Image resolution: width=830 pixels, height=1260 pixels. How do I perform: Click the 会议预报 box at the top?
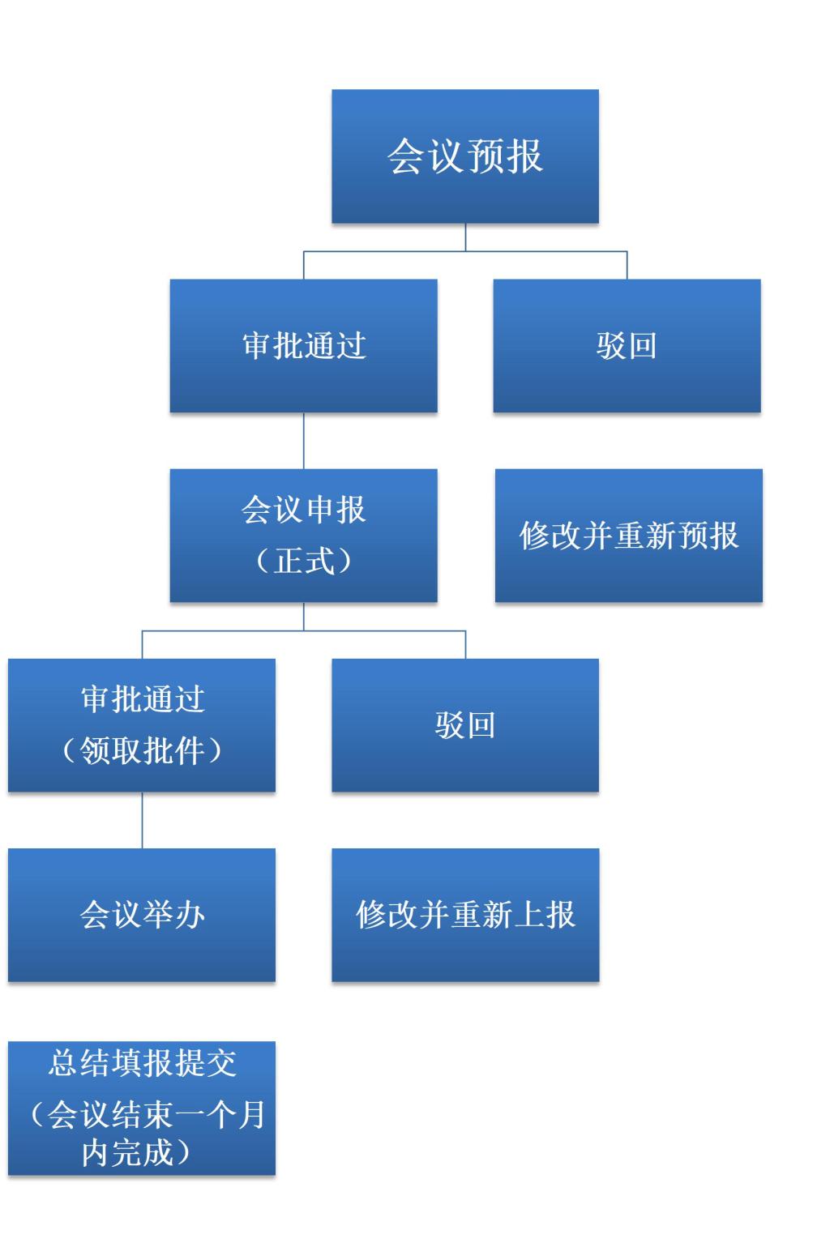coord(464,156)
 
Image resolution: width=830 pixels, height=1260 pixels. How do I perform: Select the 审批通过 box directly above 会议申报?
coord(303,346)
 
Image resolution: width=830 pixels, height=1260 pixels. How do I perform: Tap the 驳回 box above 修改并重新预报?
coord(627,346)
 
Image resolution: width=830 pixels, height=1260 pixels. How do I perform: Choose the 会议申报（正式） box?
coord(303,536)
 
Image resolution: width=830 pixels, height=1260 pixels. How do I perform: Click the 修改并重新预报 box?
coord(628,536)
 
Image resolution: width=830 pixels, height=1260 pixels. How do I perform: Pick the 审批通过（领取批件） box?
coord(142,725)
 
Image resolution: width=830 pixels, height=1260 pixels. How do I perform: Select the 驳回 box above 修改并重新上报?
coord(464,725)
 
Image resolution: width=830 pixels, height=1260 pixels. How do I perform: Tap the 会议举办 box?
coord(142,915)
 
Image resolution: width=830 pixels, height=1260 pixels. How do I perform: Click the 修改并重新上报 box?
coord(464,915)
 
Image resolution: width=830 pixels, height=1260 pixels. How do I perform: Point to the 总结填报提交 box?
coord(142,1108)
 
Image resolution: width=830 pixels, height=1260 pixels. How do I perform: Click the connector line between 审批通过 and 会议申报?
coord(304,441)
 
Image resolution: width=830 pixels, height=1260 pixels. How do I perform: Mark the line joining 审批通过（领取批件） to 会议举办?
coord(143,820)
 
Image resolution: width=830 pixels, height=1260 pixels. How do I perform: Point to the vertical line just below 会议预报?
coord(465,237)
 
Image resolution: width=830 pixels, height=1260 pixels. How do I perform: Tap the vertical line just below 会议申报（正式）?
coord(304,616)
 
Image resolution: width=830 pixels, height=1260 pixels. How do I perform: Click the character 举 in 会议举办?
coord(158,915)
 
